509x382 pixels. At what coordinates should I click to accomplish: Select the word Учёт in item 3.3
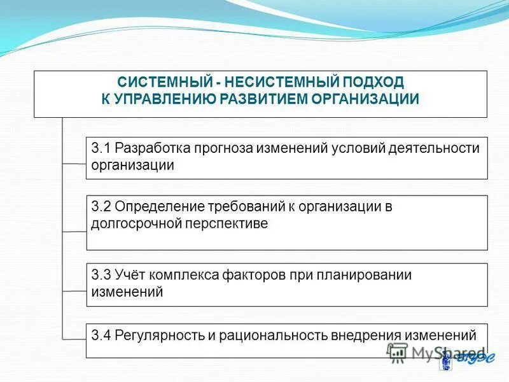[130, 275]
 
